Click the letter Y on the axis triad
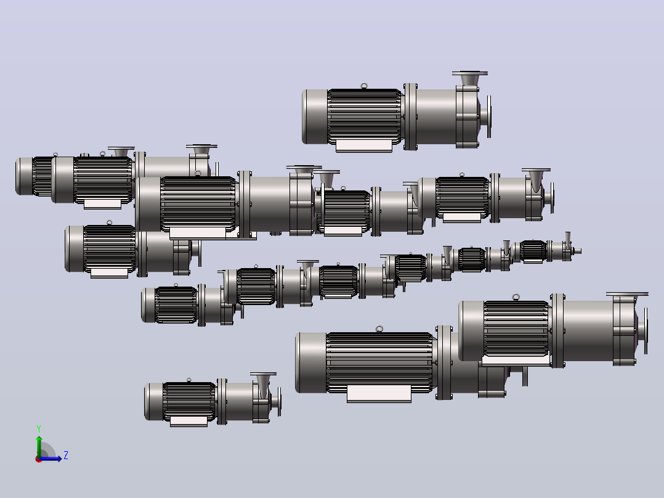[39, 428]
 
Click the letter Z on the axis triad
[66, 455]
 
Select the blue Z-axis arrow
[50, 459]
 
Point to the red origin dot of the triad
[39, 459]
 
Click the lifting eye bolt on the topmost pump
[364, 86]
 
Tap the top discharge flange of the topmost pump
[469, 73]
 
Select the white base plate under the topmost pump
[364, 146]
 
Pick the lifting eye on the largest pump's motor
[379, 329]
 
